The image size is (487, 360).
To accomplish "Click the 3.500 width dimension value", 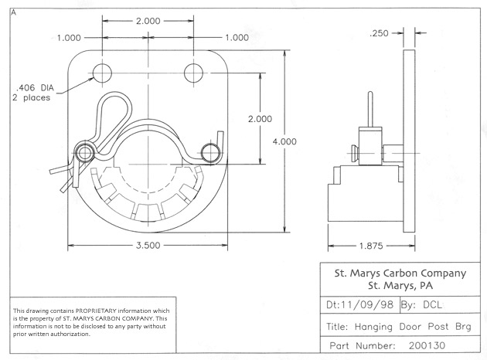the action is pos(148,246).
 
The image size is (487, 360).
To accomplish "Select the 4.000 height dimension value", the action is pos(284,141).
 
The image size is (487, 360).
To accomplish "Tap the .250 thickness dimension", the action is pos(379,33).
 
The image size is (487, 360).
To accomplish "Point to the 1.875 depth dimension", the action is pos(371,246).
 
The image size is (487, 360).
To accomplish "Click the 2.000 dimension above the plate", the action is pos(148,21).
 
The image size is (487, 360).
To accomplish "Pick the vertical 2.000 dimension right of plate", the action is pos(260,119).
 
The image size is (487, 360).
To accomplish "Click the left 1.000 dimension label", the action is pos(69,38).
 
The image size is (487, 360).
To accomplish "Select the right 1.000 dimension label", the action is pos(237,38).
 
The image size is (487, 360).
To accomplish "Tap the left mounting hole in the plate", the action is pos(102,73).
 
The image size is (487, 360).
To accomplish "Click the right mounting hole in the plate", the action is pos(193,73).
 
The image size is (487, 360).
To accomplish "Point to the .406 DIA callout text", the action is pos(35,88).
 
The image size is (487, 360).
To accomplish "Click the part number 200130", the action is pos(427,345).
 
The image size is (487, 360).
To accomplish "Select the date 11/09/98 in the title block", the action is pos(367,304).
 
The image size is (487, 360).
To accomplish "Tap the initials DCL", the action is pos(432,304).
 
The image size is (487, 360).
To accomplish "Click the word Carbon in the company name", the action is pos(403,273).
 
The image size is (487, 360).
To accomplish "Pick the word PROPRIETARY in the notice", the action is pos(96,311).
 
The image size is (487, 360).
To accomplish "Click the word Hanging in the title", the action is pos(373,327).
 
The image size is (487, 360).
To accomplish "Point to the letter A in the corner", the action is pos(13,12).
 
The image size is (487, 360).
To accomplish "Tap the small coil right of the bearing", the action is pos(210,153).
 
